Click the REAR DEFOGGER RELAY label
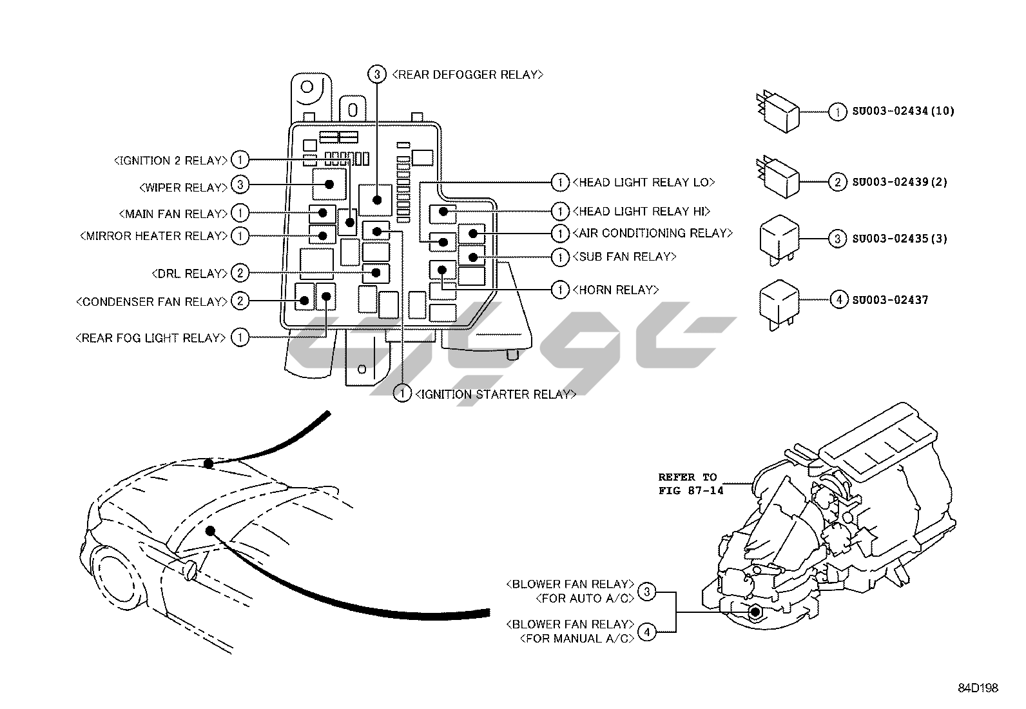click(x=467, y=75)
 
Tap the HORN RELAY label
click(x=615, y=290)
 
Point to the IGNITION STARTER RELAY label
click(x=495, y=394)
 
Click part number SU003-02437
click(x=890, y=300)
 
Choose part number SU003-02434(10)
click(x=902, y=111)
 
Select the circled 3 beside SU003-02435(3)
click(x=837, y=239)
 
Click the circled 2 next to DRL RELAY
click(x=240, y=274)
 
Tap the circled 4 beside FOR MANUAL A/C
click(x=647, y=632)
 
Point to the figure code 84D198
click(x=978, y=688)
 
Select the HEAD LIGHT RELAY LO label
click(x=643, y=183)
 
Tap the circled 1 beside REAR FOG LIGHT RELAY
click(x=240, y=337)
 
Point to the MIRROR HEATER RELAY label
click(x=153, y=236)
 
